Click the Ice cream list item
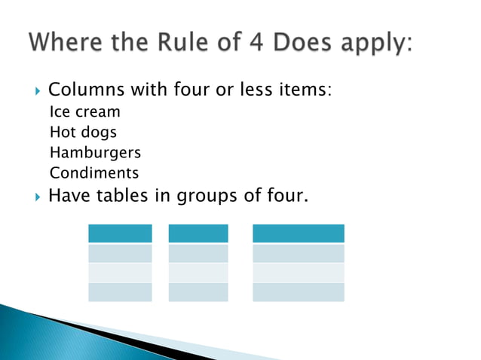pos(84,111)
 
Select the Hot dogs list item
pos(83,132)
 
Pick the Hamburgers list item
pos(95,152)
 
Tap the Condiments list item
pos(94,172)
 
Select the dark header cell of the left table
pos(120,233)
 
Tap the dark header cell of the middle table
pos(198,233)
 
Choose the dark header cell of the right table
pos(298,233)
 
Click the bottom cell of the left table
pos(120,292)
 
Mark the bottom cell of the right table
pos(298,292)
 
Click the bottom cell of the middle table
pos(198,292)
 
